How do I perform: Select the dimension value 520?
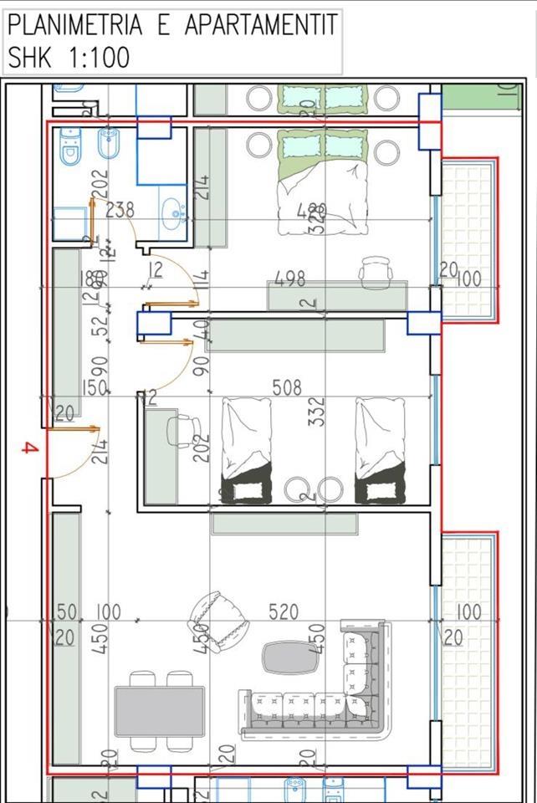284,612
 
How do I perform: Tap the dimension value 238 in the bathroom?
120,210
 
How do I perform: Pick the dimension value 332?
316,412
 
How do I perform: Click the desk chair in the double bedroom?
376,270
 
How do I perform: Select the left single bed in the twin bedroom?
246,450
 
